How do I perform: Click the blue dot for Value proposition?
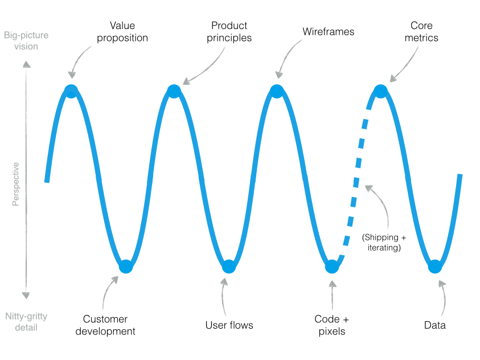(x=71, y=91)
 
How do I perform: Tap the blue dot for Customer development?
(x=126, y=266)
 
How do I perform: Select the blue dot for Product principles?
(x=174, y=91)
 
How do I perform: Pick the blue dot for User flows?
(x=229, y=266)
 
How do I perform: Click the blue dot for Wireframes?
(x=277, y=91)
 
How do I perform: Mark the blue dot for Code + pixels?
(x=332, y=266)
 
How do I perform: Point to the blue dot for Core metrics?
(x=380, y=91)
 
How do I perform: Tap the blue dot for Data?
(x=435, y=266)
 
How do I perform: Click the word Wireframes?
(x=328, y=32)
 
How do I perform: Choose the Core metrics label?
(x=421, y=32)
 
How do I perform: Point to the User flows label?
(x=229, y=325)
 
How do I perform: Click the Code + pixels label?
(x=331, y=325)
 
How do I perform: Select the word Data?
(x=435, y=325)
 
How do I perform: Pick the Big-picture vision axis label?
(x=26, y=40)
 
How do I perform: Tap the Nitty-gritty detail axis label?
(x=26, y=322)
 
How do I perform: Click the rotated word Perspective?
(x=16, y=184)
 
